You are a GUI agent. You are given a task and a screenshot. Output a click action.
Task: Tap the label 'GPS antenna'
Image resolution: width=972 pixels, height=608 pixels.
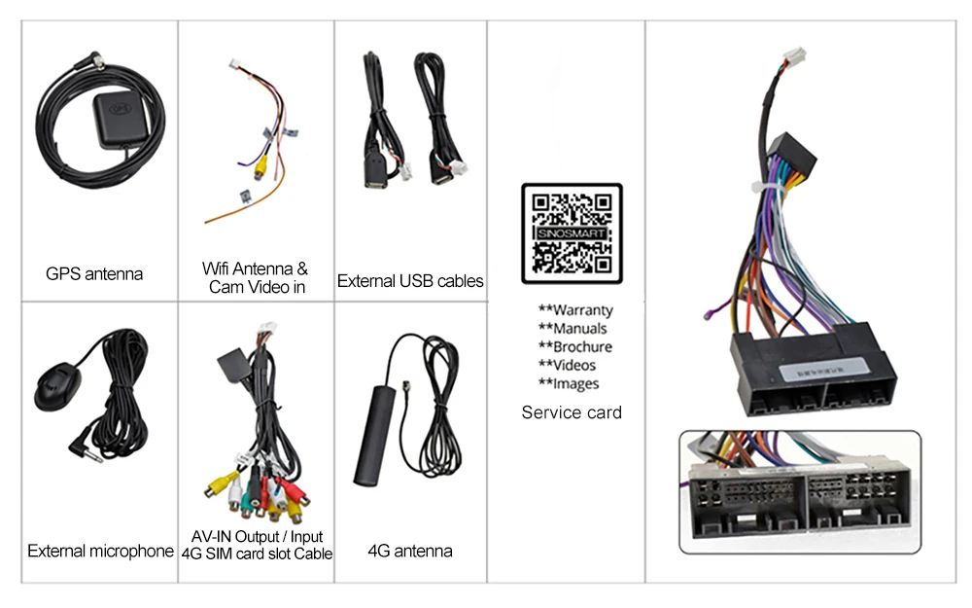tap(94, 274)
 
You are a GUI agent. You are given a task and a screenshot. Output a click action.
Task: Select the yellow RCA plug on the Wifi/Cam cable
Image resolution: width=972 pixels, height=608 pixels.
tap(260, 170)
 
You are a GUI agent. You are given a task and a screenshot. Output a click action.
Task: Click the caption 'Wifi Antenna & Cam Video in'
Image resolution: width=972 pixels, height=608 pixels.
tap(255, 277)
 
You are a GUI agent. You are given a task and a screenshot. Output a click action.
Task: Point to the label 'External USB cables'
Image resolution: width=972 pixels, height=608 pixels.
tap(410, 281)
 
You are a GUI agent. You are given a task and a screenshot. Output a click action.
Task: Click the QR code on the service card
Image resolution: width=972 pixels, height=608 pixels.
tap(572, 232)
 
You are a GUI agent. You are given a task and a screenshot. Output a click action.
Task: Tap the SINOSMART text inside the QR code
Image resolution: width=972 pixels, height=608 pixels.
tap(572, 233)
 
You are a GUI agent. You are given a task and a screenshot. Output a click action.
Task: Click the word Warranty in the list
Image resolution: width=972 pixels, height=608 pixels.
tap(582, 310)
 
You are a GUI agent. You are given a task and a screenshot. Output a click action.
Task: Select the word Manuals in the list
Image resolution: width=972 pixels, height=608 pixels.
tap(579, 329)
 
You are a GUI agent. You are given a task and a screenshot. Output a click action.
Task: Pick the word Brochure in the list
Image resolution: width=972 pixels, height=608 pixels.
tap(582, 347)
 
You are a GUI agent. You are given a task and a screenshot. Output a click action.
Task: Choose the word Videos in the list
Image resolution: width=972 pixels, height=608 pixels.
tap(576, 365)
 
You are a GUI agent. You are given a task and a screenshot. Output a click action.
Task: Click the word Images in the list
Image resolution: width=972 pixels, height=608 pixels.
tap(575, 383)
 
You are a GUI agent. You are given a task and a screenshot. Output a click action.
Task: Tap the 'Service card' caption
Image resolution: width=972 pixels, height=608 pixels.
tap(572, 412)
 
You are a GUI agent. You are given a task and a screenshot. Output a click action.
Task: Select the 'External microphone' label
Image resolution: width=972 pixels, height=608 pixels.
tap(100, 552)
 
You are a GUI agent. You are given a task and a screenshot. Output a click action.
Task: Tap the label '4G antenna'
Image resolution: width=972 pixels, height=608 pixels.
tap(409, 552)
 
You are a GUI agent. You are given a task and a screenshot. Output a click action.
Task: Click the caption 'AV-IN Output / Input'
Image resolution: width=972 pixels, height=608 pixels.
tap(257, 537)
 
